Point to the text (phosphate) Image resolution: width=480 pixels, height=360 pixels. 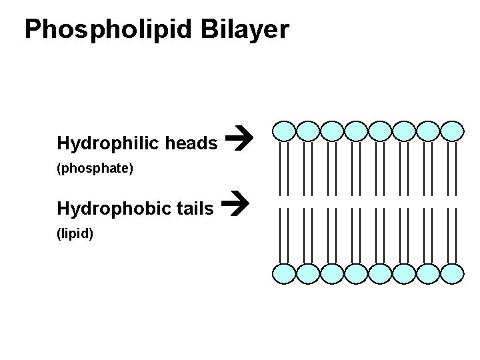click(96, 169)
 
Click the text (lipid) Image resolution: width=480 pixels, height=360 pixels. click(75, 235)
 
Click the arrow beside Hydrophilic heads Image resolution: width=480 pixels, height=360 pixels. click(238, 141)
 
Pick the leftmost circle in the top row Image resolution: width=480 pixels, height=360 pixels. click(284, 131)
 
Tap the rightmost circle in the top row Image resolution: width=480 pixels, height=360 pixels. click(452, 131)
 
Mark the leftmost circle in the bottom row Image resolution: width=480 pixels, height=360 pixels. click(284, 273)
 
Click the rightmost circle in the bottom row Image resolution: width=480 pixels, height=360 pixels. click(452, 273)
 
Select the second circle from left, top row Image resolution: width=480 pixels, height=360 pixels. click(308, 131)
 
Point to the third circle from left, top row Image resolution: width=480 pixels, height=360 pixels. click(332, 131)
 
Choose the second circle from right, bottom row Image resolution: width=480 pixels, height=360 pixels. click(428, 273)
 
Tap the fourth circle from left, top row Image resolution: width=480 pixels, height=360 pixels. click(356, 131)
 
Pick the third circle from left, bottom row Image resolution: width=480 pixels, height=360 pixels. click(332, 273)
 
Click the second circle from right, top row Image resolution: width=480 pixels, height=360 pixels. click(428, 131)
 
